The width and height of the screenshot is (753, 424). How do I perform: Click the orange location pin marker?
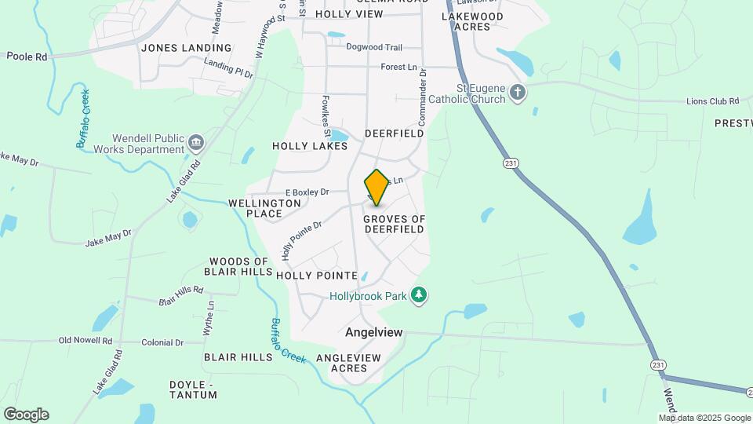(x=376, y=187)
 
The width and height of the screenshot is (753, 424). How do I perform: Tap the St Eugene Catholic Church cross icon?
(x=517, y=93)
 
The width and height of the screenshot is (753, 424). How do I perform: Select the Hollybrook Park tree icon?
(x=420, y=294)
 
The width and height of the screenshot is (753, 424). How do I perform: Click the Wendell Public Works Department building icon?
(x=195, y=143)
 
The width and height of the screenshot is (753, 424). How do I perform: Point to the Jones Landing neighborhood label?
(x=187, y=48)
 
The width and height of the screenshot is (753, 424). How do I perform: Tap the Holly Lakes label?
(x=310, y=146)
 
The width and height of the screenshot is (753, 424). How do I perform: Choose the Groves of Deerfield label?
(x=395, y=224)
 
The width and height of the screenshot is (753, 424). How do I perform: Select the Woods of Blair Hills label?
(x=239, y=267)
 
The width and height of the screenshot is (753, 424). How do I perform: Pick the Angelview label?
(x=374, y=333)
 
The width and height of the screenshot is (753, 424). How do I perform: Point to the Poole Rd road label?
(x=27, y=57)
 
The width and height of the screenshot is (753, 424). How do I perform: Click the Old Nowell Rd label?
(x=85, y=342)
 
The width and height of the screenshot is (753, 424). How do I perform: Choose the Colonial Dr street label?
(x=162, y=343)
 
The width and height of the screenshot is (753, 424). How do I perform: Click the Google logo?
(x=26, y=414)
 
